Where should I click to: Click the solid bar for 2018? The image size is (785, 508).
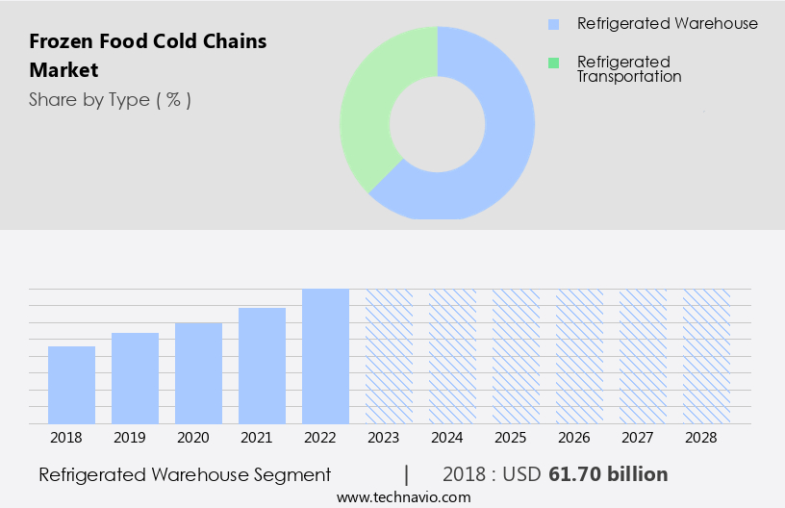[71, 385]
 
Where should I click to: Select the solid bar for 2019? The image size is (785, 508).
[135, 378]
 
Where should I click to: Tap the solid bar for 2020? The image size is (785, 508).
[198, 373]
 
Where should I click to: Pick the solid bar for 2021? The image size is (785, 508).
[262, 366]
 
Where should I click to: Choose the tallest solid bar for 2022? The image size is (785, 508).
[325, 356]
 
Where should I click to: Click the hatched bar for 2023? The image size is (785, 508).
[389, 356]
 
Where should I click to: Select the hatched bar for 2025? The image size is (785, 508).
[516, 356]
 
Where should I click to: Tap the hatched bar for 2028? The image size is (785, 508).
[706, 356]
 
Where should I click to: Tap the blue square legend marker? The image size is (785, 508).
[553, 24]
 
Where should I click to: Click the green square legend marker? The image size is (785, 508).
[553, 63]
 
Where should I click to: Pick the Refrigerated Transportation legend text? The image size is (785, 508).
[628, 69]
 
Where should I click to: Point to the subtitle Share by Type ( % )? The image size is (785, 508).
[110, 100]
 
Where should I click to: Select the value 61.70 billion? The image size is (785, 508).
[608, 474]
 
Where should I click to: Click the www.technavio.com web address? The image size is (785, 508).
[403, 497]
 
